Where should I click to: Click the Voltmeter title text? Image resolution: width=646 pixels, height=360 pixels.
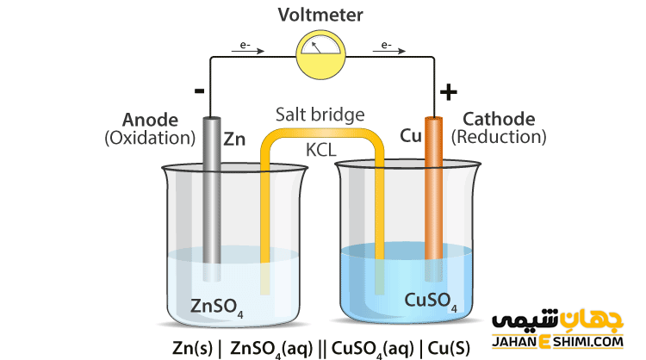[x=320, y=15]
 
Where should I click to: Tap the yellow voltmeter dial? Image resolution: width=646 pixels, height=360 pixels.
[x=320, y=53]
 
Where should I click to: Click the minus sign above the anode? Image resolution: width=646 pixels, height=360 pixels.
[x=199, y=90]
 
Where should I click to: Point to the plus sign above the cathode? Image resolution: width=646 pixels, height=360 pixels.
[x=449, y=91]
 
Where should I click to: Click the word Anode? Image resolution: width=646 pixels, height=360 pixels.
[x=151, y=120]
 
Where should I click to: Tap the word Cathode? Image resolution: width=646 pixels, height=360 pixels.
[x=499, y=120]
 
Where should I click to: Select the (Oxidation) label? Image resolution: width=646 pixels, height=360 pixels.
[x=151, y=137]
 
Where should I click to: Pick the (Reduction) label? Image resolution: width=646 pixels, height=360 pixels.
[x=499, y=137]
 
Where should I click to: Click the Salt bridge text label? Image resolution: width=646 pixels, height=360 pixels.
[x=320, y=115]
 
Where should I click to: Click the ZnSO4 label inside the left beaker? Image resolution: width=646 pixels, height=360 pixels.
[x=215, y=307]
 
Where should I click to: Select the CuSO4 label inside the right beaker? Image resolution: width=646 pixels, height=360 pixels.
[x=431, y=301]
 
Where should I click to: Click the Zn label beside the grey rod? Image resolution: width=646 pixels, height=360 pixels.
[x=235, y=138]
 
